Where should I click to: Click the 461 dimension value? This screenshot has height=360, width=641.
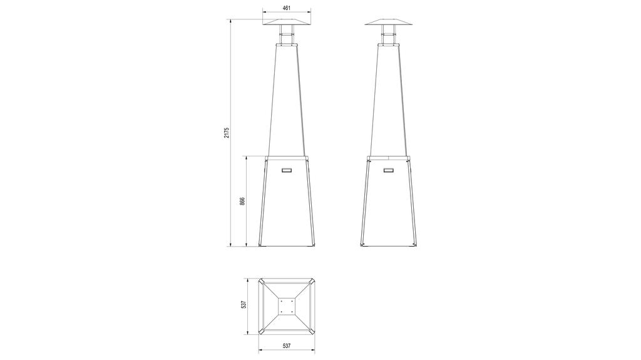pos(287,8)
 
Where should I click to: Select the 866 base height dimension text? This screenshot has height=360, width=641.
pos(242,201)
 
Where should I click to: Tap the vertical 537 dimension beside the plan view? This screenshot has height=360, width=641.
pos(244,305)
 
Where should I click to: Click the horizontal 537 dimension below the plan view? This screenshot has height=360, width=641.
pos(287,346)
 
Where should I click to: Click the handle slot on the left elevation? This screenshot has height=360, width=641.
pos(287,170)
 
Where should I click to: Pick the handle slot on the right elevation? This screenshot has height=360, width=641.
pos(389,170)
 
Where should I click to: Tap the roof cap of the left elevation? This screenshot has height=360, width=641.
pos(287,21)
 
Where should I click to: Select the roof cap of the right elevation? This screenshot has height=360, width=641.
pos(389,21)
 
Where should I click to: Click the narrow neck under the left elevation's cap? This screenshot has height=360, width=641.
pos(287,36)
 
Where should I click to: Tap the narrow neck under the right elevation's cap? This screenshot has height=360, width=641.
pos(389,36)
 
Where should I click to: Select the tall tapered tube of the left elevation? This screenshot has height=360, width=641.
pos(287,100)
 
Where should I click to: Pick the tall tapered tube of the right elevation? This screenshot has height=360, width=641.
pos(389,100)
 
